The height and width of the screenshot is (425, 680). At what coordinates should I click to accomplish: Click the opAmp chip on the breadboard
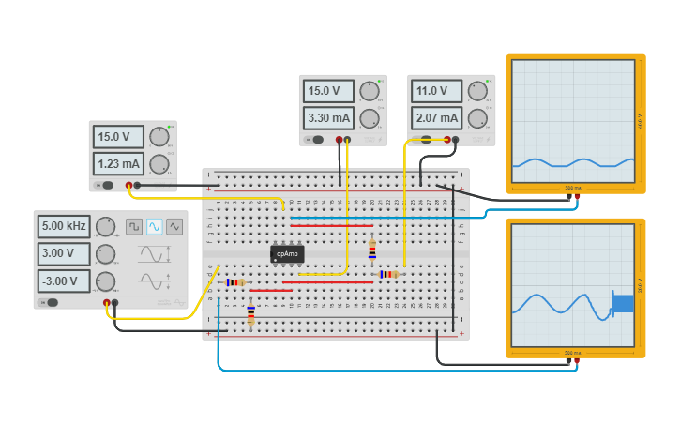pos(287,253)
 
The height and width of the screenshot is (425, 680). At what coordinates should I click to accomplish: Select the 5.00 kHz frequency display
pos(64,226)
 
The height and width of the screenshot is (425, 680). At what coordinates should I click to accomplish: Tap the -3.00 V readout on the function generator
pos(64,281)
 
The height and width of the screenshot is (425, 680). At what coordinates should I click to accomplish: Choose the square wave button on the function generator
pos(134,226)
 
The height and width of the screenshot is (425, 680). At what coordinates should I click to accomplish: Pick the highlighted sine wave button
pos(155,226)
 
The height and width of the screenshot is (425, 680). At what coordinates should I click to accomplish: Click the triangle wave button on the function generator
pos(174,226)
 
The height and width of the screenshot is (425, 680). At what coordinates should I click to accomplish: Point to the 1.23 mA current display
pos(117,164)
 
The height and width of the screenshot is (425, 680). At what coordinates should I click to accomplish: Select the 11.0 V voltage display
pos(436,91)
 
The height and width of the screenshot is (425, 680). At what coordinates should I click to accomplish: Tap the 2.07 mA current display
pos(436,118)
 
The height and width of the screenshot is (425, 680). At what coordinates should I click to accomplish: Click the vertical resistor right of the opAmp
pos(372,249)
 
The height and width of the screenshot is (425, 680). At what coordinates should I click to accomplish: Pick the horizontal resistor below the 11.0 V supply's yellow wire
pos(388,274)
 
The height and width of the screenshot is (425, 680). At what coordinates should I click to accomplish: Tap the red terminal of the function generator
pos(107,303)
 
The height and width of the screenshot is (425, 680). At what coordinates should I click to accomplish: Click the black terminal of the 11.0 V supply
pos(455,140)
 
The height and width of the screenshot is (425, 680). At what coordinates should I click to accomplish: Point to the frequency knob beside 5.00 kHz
pos(106,226)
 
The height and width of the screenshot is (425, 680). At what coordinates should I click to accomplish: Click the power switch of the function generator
pos(52,302)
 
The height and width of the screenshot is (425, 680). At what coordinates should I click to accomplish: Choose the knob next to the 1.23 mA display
pos(159,164)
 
